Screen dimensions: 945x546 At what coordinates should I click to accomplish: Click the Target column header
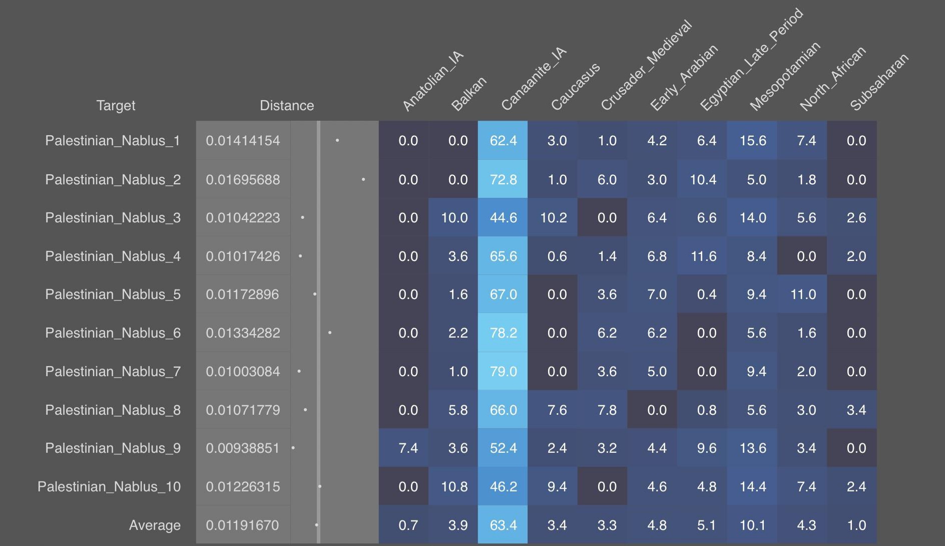click(x=116, y=106)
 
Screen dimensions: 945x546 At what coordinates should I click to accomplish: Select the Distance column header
click(x=287, y=106)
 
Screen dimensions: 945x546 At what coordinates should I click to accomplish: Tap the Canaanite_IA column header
click(x=534, y=79)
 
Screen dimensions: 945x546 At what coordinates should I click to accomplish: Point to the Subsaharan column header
click(x=879, y=82)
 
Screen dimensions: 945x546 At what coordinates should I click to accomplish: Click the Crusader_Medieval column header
click(x=646, y=65)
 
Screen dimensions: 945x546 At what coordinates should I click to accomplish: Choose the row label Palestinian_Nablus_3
click(x=113, y=218)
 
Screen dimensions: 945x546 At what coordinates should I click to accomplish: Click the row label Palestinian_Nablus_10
click(x=109, y=487)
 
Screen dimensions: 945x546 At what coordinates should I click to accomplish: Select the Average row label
click(x=155, y=525)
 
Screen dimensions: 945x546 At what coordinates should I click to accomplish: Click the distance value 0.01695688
click(x=243, y=179)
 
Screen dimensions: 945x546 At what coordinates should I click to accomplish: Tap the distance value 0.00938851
click(x=243, y=448)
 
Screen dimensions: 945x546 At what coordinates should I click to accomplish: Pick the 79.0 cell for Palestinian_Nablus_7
click(x=503, y=371)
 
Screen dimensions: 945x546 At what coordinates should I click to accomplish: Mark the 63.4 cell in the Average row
click(x=503, y=525)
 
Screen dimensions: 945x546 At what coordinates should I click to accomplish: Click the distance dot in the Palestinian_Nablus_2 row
click(x=363, y=179)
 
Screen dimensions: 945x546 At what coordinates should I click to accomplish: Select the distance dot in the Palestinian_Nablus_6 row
click(x=330, y=333)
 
